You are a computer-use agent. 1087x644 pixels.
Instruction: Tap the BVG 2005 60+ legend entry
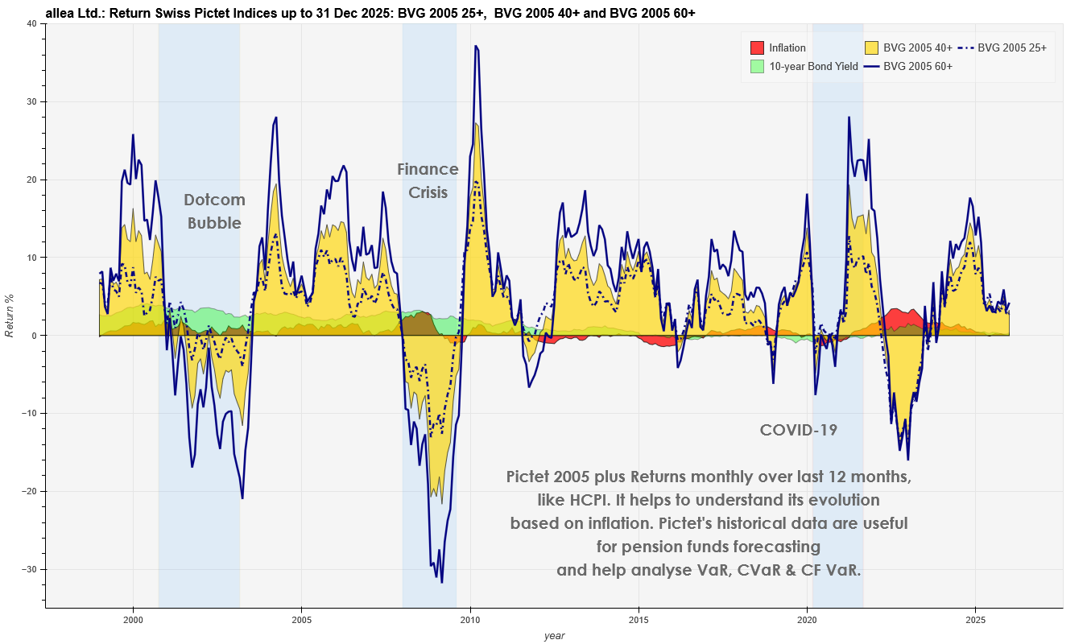pos(917,67)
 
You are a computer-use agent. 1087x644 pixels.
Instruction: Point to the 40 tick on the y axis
pos(31,24)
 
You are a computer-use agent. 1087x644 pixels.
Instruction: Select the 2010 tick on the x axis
pos(470,620)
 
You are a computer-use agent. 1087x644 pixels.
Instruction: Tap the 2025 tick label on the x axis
pos(975,620)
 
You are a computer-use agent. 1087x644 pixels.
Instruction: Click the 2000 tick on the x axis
pos(133,620)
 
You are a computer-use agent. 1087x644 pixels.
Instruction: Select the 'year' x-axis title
pos(554,636)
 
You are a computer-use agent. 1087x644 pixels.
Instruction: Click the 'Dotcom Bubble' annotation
pos(214,212)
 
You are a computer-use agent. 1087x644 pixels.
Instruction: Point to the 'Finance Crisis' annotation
pos(428,181)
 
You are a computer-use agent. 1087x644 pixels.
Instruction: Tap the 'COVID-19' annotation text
pos(798,431)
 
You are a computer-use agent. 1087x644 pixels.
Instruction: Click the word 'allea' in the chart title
pos(60,14)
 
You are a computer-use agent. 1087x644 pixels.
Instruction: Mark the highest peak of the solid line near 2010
pos(476,47)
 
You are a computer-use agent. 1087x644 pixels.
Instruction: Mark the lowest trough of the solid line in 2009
pos(441,582)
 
